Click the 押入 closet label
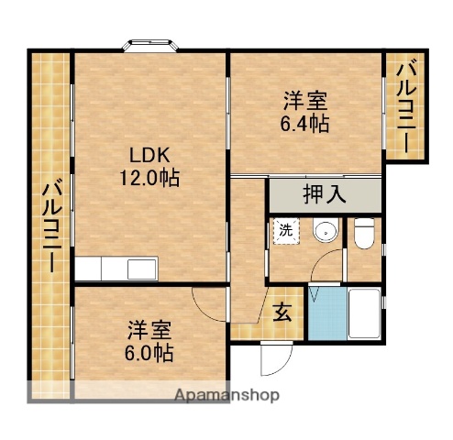325,194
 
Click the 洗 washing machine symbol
284,231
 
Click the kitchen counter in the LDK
116,269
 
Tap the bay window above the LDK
151,44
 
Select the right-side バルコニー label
404,104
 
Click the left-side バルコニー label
50,225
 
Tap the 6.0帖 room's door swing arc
208,303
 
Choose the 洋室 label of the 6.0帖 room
150,329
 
